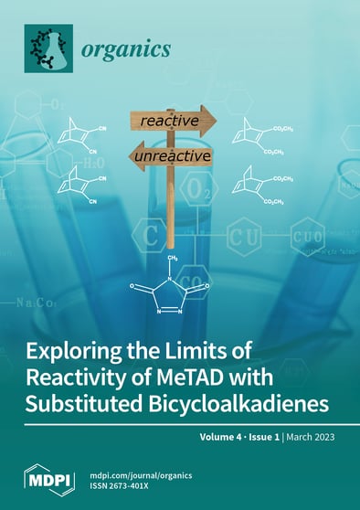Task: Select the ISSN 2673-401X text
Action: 126,485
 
